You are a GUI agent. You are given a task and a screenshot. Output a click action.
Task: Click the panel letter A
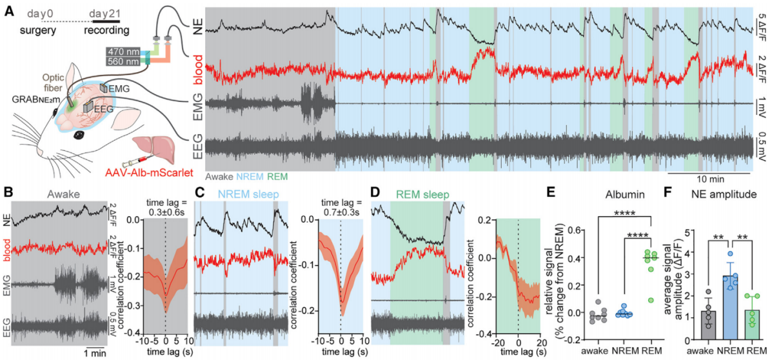click(9, 12)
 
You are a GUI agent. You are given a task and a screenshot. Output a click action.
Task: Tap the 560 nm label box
click(123, 61)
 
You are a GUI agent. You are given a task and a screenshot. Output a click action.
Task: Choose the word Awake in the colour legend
click(217, 175)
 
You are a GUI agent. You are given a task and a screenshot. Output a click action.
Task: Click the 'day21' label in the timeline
click(105, 14)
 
